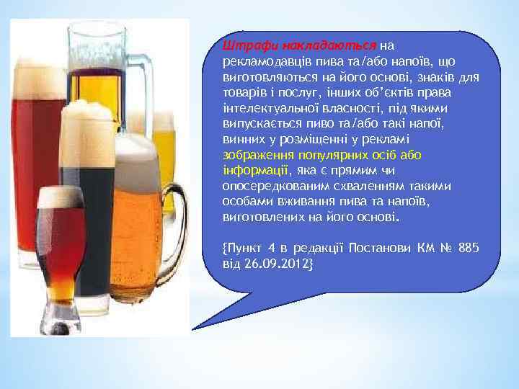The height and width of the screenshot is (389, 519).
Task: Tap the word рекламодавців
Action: pos(263,63)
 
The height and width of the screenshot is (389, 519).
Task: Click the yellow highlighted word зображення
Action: pos(254,155)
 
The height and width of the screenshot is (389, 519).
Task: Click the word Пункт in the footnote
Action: pos(247,248)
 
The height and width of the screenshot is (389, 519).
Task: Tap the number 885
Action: pos(468,248)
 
